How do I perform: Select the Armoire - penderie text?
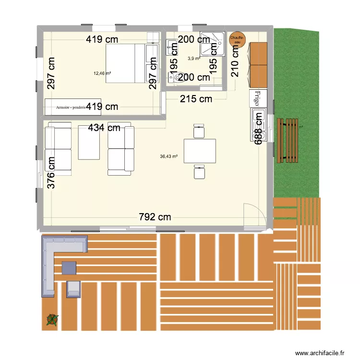point(71,108)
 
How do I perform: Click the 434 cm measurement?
point(104,128)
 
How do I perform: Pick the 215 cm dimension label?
point(196,99)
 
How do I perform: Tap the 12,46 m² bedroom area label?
point(102,73)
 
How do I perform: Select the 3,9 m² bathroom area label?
point(193,59)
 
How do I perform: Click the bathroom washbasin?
point(170,47)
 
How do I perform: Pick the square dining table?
point(200,151)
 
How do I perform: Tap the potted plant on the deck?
point(51,319)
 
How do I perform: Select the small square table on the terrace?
point(69,267)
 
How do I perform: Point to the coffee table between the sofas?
point(89,143)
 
